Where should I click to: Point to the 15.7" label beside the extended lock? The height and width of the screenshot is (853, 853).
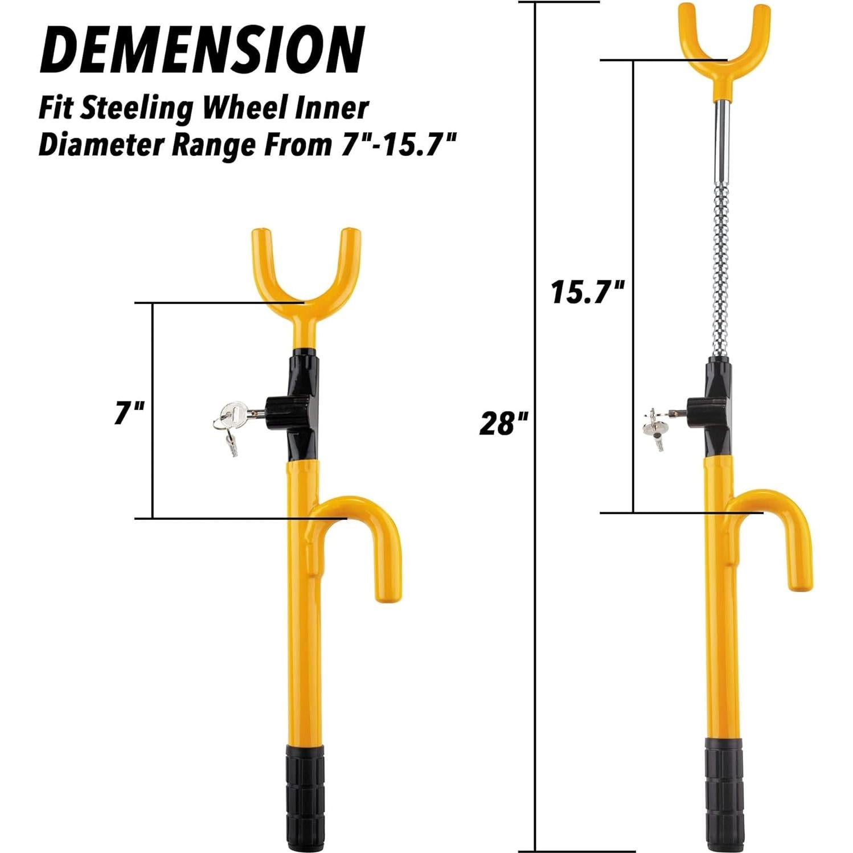[588, 292]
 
